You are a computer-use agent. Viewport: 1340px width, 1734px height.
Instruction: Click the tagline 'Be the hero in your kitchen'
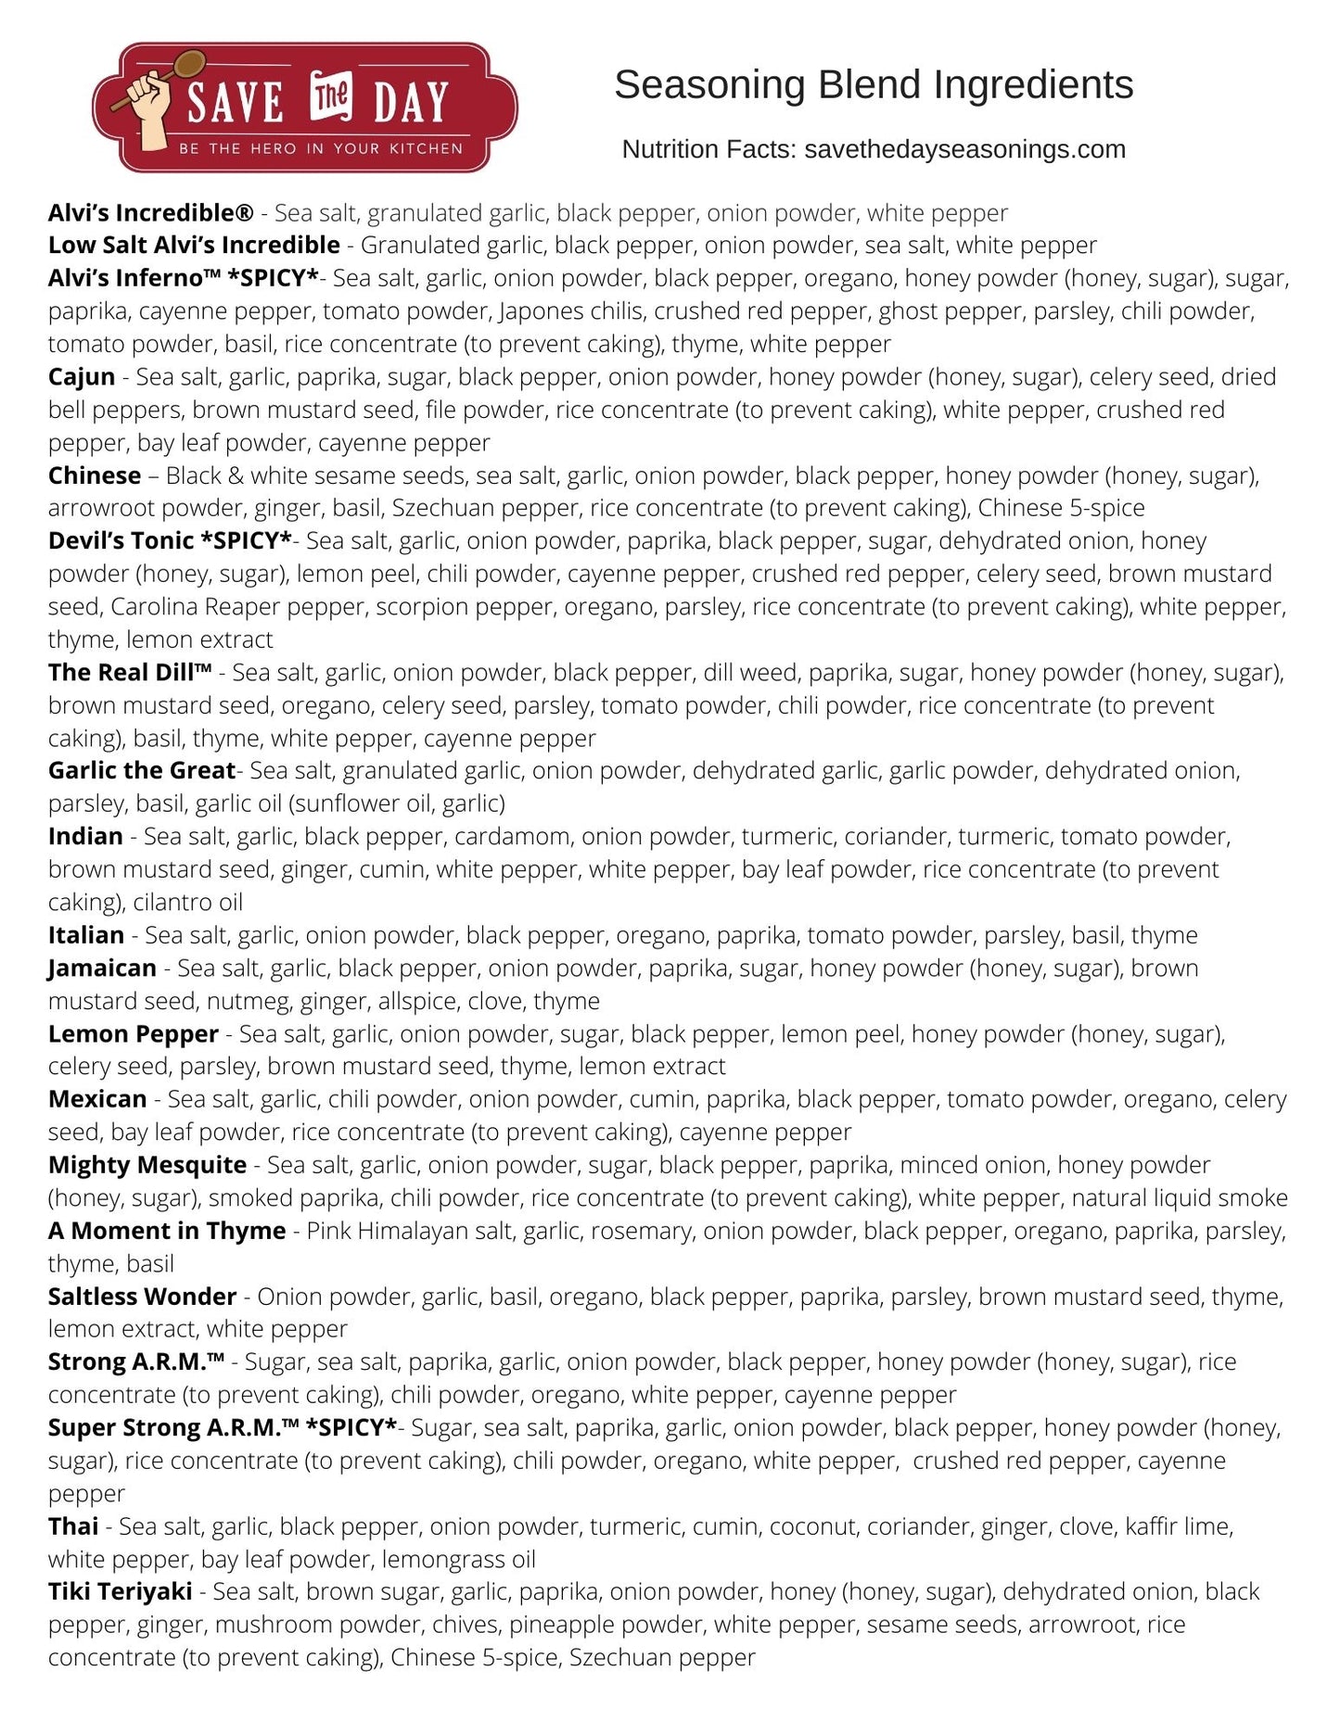(x=321, y=148)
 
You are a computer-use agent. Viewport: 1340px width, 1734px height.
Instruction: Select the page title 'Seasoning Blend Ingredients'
(x=874, y=84)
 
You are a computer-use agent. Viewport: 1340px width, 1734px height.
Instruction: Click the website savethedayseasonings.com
(x=964, y=149)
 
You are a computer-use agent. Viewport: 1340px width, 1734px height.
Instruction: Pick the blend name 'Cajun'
(x=82, y=377)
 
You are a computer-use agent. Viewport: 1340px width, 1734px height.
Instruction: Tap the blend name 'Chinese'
(x=95, y=475)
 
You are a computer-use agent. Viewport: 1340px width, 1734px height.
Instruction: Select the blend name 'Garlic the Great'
(x=142, y=771)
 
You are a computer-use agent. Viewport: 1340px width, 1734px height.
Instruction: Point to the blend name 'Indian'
(x=85, y=837)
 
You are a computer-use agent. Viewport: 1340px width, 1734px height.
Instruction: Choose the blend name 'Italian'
(x=86, y=935)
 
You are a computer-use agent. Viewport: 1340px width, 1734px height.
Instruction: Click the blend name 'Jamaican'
(x=102, y=968)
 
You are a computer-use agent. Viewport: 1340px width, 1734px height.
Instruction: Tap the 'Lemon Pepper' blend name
(x=134, y=1034)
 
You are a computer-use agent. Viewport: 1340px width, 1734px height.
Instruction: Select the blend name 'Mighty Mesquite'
(x=147, y=1165)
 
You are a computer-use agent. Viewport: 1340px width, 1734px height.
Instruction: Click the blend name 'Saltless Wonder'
(x=143, y=1297)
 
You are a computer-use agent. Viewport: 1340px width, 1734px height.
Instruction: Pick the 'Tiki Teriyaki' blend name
(x=121, y=1591)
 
